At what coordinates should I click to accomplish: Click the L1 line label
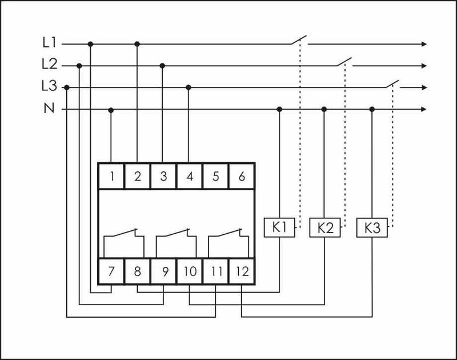pos(49,43)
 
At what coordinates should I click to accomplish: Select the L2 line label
pos(49,65)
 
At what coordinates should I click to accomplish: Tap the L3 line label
pos(49,87)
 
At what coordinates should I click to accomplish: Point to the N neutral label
pos(49,109)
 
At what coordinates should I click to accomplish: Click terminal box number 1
pos(112,176)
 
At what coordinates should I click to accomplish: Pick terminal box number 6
pos(242,176)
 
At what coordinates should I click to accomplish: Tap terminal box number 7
pos(112,271)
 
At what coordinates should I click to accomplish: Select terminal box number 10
pos(190,271)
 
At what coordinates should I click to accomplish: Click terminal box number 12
pos(242,271)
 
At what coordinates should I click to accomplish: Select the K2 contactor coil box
pos(324,228)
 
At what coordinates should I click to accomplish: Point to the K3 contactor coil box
pos(371,228)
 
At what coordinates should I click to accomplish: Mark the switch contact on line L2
pos(344,62)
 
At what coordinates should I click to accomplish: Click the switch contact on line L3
pos(391,83)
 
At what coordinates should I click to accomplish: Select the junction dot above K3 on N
pos(372,109)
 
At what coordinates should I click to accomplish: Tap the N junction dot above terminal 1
pos(111,109)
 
